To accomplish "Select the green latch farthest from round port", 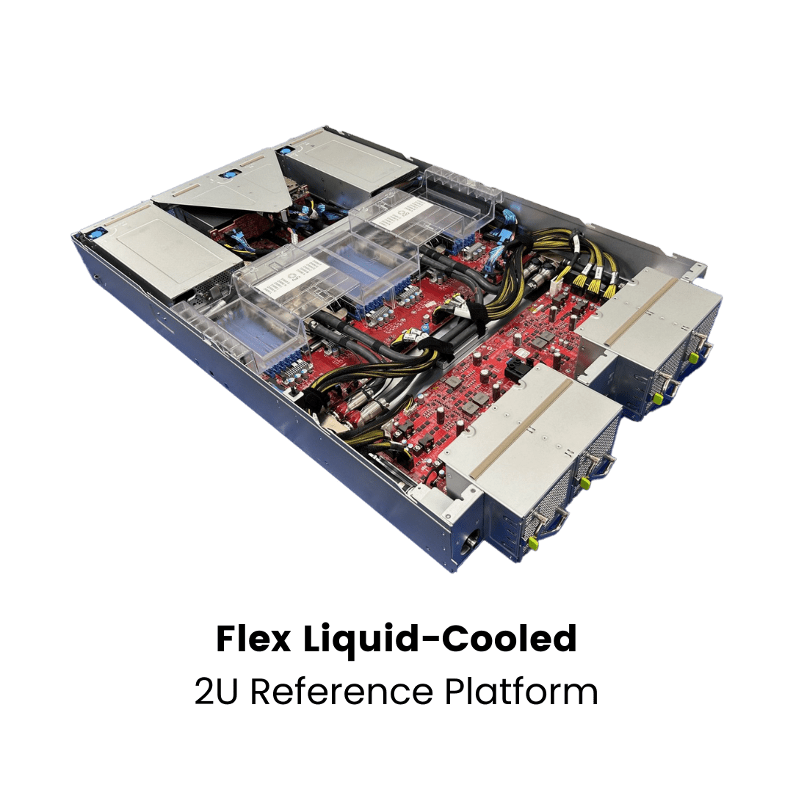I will click(693, 357).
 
